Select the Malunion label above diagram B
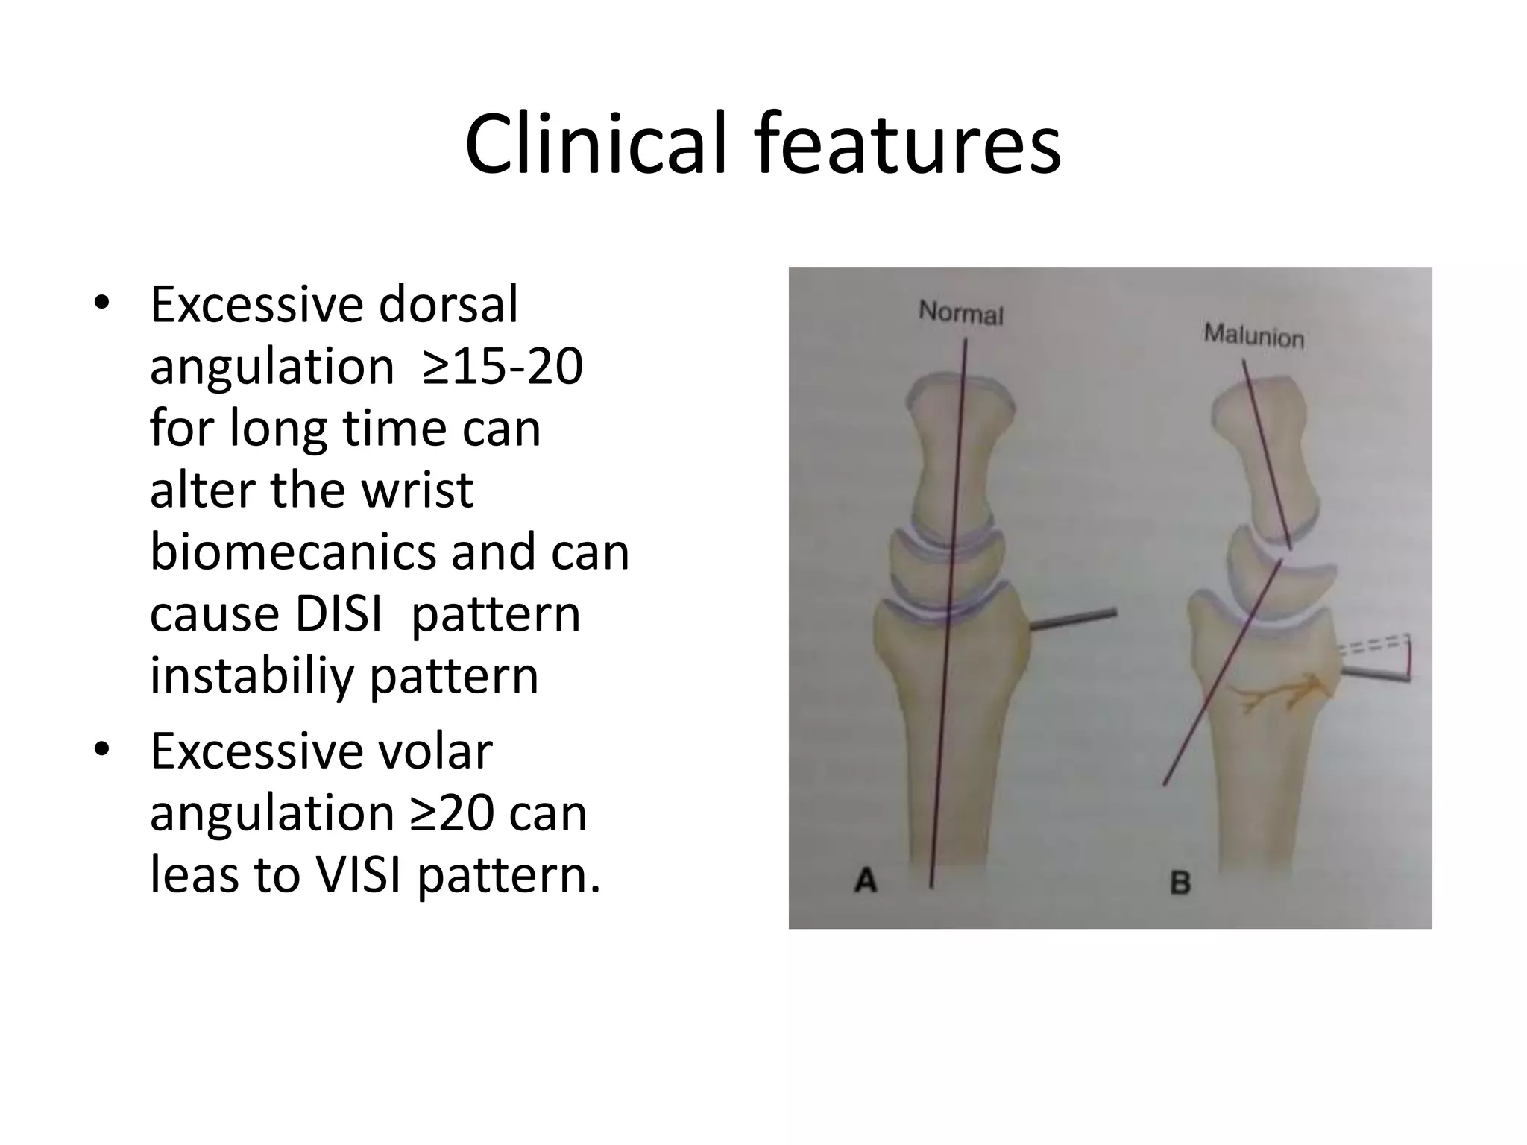pyautogui.click(x=1253, y=337)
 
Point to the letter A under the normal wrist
pyautogui.click(x=866, y=881)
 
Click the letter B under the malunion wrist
pyautogui.click(x=1180, y=883)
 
